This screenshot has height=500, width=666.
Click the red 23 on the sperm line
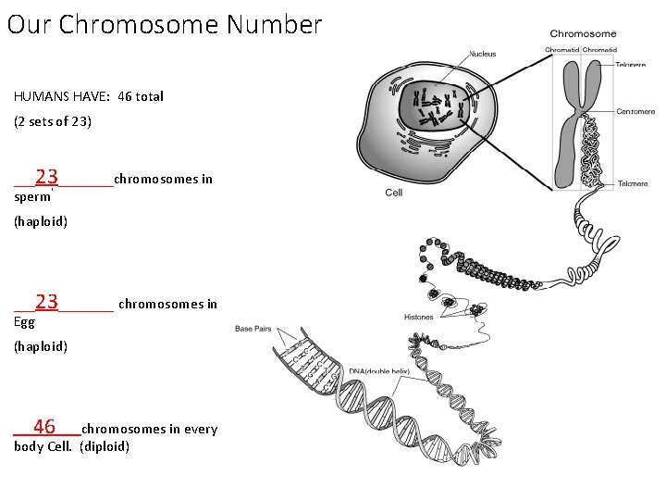click(47, 177)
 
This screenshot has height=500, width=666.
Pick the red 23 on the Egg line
click(47, 302)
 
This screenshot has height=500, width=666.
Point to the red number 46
click(44, 427)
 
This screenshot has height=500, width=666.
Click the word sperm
click(32, 197)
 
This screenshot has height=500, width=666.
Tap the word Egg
click(25, 322)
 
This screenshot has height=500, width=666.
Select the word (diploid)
click(105, 447)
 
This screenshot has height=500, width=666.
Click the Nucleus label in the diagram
click(482, 54)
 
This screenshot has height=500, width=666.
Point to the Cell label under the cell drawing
click(394, 193)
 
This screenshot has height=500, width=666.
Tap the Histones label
click(419, 318)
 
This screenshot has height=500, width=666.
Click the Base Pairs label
click(253, 329)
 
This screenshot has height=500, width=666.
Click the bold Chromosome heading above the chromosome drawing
click(583, 34)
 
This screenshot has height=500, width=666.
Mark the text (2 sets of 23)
click(53, 121)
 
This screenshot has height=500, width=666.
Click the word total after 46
click(149, 96)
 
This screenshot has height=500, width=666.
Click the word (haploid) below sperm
click(41, 222)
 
